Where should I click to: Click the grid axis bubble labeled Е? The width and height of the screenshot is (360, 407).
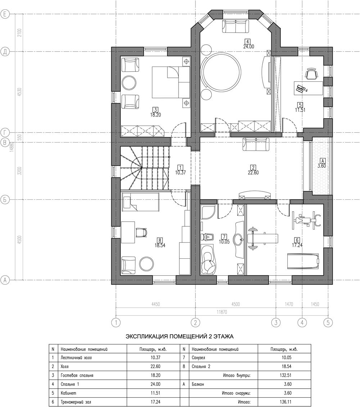pos(4,14)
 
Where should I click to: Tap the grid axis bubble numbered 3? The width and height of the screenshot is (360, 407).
pos(276,323)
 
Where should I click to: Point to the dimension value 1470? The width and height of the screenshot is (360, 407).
pos(289,304)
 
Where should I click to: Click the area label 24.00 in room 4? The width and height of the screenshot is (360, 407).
pos(248,47)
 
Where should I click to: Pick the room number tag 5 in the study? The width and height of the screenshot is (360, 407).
pos(300,105)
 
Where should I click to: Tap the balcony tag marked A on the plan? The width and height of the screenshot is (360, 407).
pos(323,160)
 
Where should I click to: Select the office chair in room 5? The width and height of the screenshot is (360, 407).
pos(311,73)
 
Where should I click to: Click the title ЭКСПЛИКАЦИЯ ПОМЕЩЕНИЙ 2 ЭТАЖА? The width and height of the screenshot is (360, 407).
pos(180,337)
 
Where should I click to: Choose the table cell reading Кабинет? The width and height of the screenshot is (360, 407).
pos(68,393)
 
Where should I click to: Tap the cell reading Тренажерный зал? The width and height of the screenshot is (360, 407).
pos(76,402)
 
